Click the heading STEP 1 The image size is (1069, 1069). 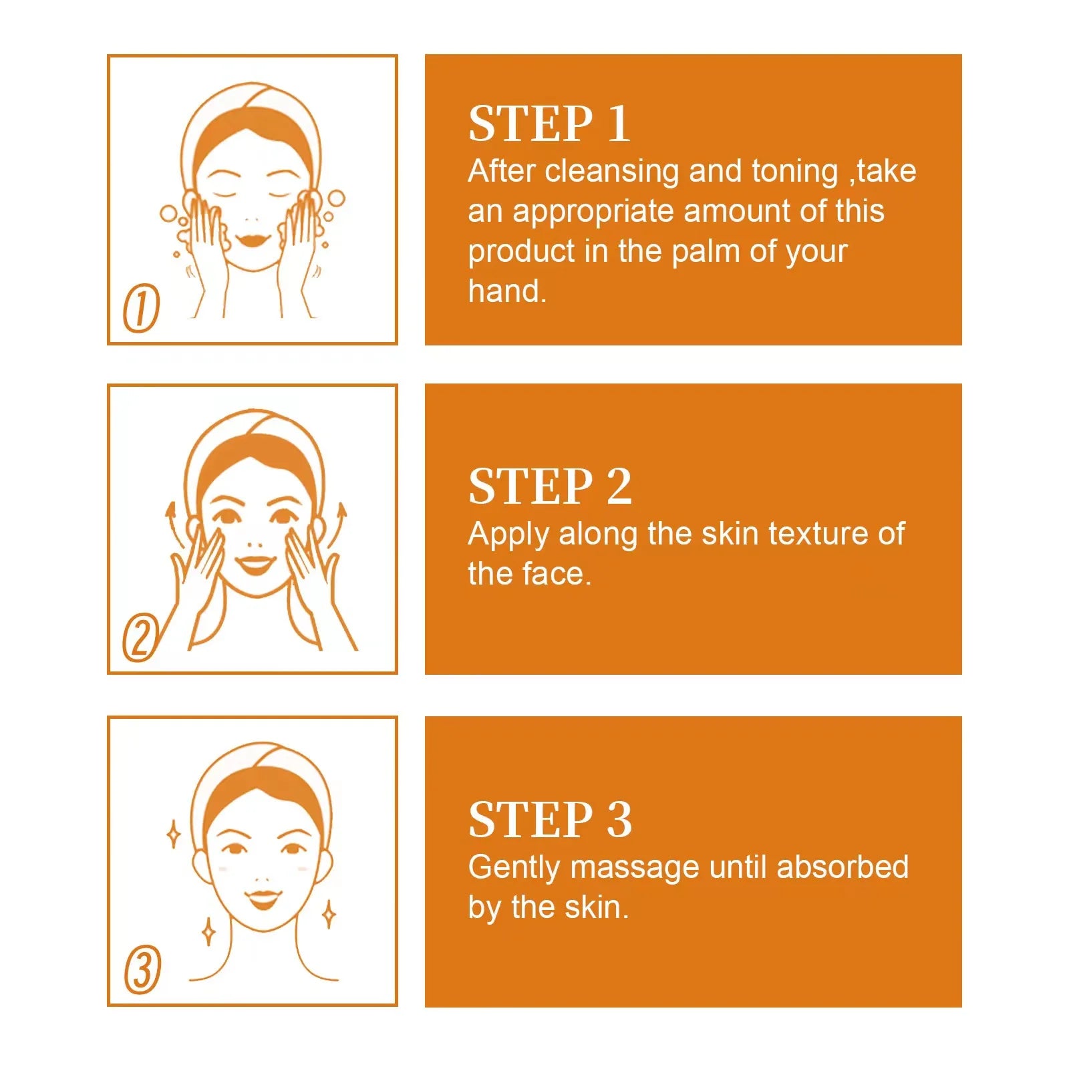tap(549, 124)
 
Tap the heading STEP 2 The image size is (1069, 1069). tap(549, 486)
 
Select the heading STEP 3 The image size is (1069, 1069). tap(549, 820)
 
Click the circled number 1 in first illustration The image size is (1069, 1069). tap(142, 308)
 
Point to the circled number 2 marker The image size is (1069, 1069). tap(140, 637)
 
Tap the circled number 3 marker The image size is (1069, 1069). tap(143, 969)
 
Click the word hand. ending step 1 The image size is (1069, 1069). tap(507, 292)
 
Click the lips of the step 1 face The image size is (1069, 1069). tap(251, 239)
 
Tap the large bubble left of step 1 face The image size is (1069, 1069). tap(168, 214)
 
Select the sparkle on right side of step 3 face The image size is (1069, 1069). tap(329, 914)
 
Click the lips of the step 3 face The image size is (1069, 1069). tap(262, 898)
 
